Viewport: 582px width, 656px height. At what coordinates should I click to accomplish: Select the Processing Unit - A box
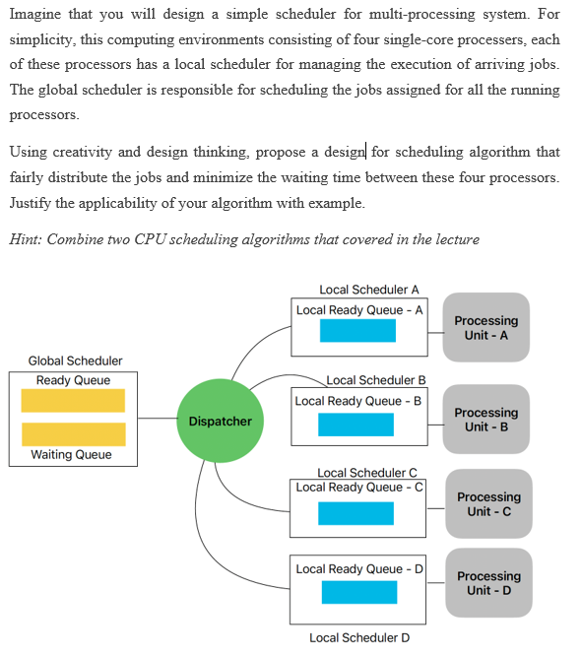[485, 328]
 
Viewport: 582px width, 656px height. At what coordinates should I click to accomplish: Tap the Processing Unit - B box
[485, 420]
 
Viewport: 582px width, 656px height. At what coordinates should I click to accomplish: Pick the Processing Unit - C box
[488, 504]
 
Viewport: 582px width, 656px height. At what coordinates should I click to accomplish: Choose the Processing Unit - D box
[489, 583]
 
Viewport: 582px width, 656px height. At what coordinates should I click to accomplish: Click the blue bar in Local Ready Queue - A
[357, 331]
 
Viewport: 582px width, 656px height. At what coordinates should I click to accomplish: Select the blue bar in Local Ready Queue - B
[356, 425]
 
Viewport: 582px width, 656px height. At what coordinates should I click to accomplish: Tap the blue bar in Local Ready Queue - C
[356, 513]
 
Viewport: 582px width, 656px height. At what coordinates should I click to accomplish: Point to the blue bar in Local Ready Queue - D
[358, 592]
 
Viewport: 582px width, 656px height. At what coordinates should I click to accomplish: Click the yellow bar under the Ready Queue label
[73, 401]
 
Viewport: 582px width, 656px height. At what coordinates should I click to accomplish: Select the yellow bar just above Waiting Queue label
[73, 434]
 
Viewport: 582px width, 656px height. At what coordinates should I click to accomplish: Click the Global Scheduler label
[75, 361]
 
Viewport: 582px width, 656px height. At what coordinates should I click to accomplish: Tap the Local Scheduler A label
[369, 290]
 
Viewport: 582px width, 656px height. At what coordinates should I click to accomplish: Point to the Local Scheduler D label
[359, 637]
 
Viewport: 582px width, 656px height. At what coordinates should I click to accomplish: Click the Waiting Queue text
[71, 455]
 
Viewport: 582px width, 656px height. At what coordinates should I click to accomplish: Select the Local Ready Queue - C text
[359, 488]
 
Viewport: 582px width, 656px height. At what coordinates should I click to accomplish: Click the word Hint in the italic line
[25, 239]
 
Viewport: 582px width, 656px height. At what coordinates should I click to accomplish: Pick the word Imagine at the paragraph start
[35, 15]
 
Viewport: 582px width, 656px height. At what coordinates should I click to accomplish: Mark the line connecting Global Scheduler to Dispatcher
[157, 419]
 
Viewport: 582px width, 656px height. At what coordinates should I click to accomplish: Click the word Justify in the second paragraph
[32, 203]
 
